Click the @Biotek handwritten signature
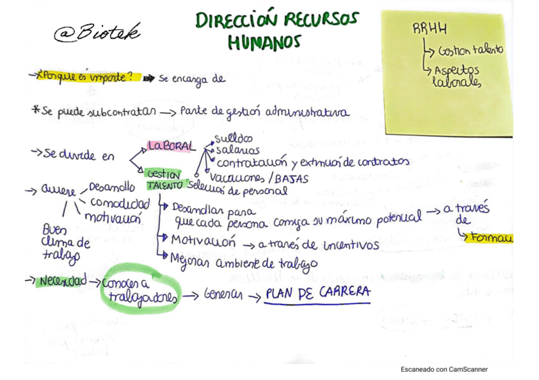point(97,32)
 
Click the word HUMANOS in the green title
point(264,42)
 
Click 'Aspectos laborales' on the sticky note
point(456,76)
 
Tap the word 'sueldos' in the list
point(233,138)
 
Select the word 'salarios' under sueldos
point(237,150)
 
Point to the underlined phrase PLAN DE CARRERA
point(317,294)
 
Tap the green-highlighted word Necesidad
point(62,282)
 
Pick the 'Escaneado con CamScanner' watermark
point(444,369)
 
